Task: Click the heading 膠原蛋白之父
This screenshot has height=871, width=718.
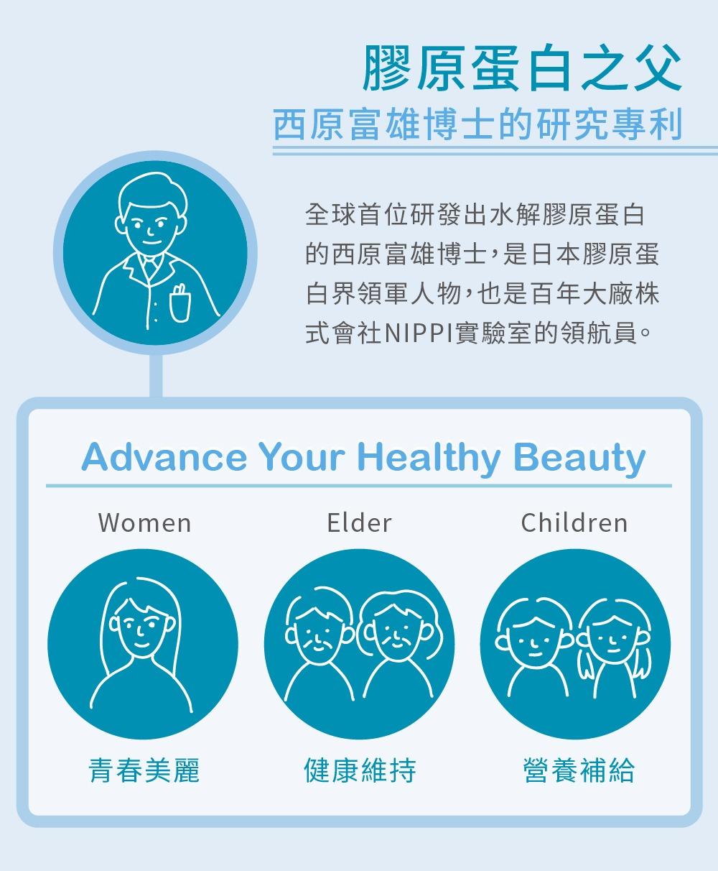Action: [523, 68]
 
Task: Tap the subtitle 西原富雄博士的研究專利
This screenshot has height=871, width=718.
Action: [478, 124]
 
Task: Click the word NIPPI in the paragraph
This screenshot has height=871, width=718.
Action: [419, 333]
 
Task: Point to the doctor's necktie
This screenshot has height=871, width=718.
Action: [149, 265]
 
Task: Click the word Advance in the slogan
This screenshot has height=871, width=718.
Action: [164, 457]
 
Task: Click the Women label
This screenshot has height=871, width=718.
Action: [144, 522]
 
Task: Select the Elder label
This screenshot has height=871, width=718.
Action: [359, 522]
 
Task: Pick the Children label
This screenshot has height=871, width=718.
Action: [574, 522]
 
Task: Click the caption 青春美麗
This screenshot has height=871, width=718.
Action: [144, 770]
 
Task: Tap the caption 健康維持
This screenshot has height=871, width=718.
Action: [360, 770]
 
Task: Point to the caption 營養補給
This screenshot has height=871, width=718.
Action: [579, 770]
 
